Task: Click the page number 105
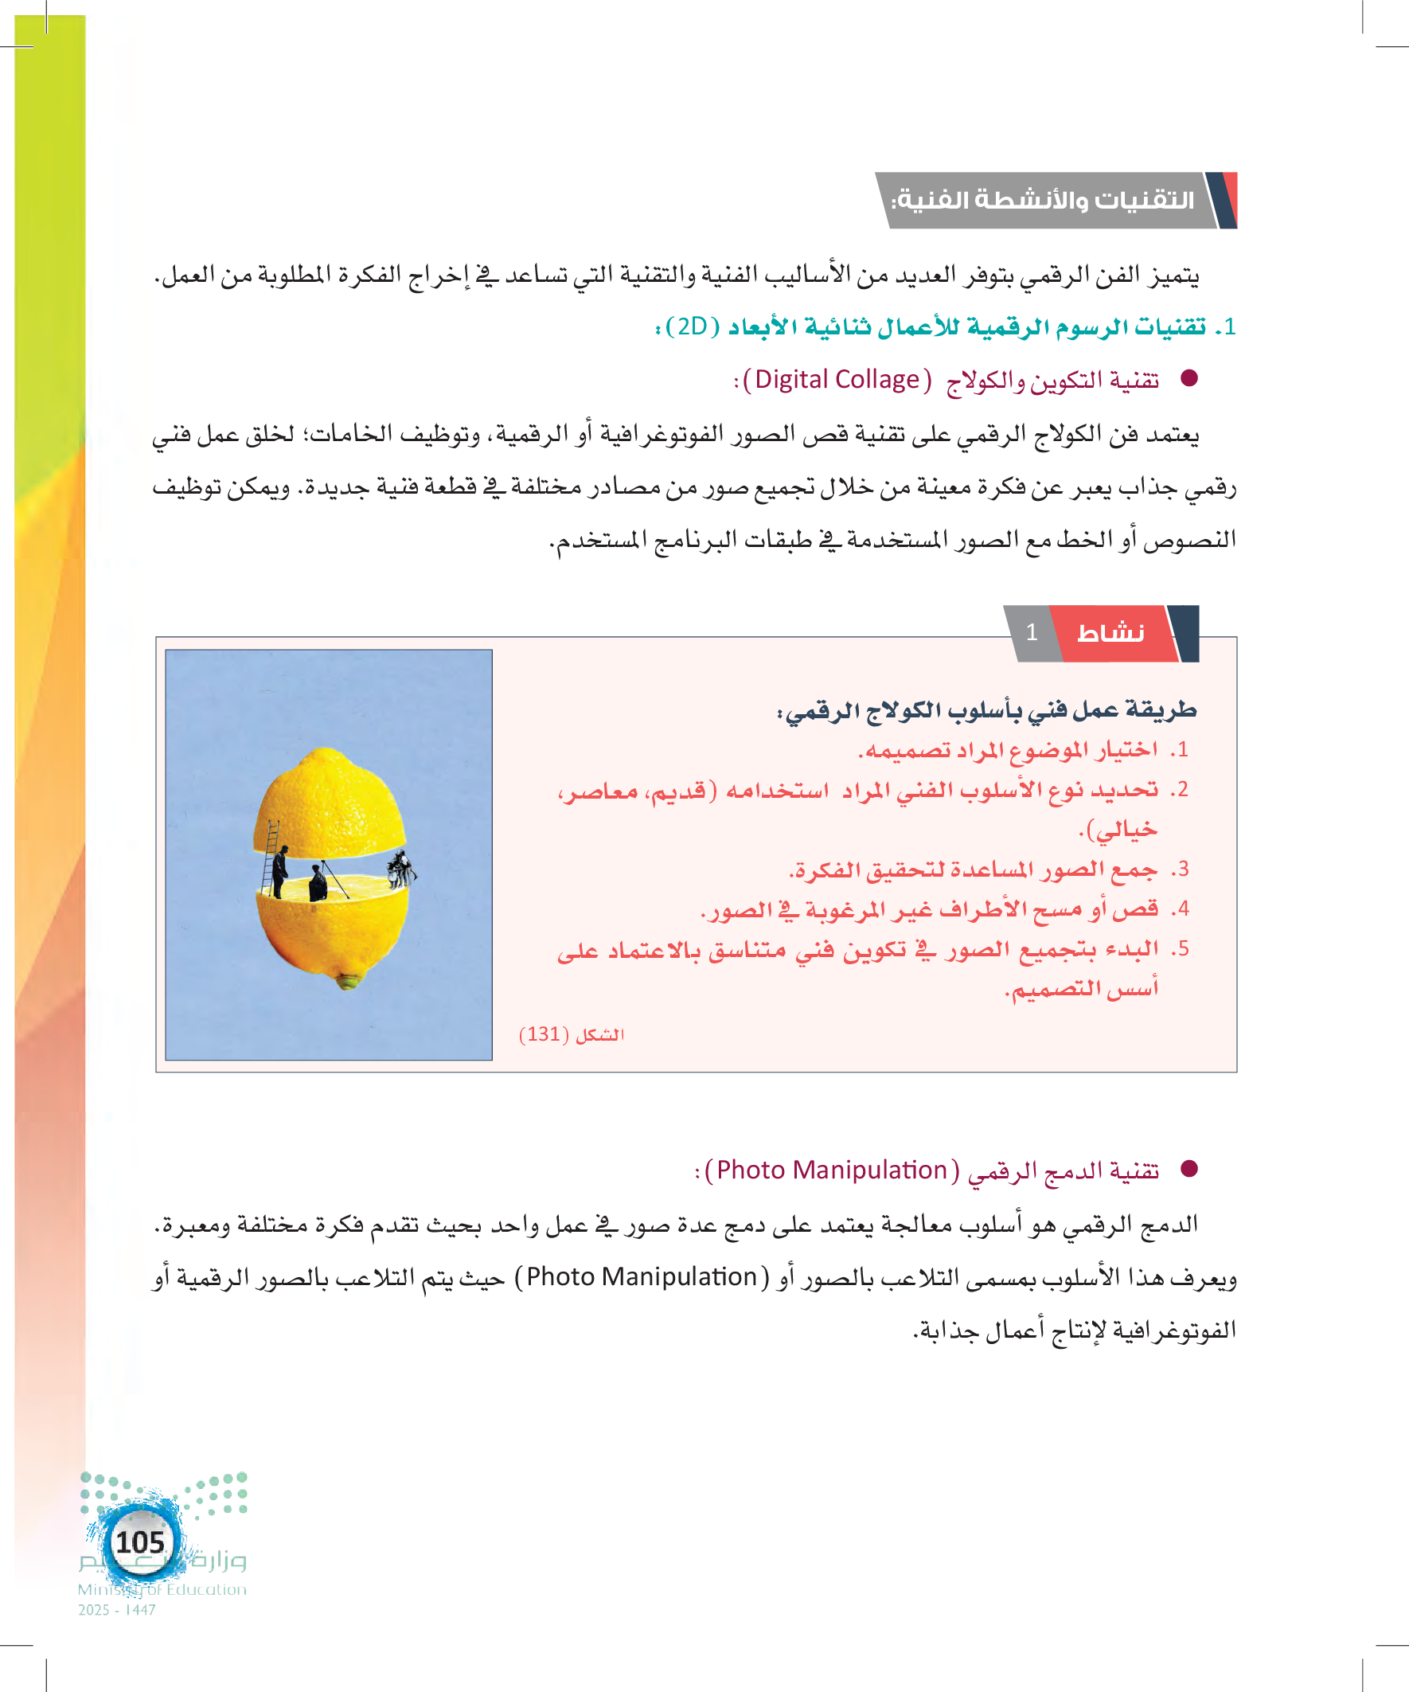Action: pyautogui.click(x=140, y=1542)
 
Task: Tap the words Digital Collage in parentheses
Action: pyautogui.click(x=836, y=380)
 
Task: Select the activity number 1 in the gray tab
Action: pyautogui.click(x=1032, y=632)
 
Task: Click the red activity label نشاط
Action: pyautogui.click(x=1111, y=633)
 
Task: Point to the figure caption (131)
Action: pyautogui.click(x=572, y=1034)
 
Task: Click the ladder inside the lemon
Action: pyautogui.click(x=270, y=858)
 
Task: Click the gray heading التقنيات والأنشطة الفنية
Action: pyautogui.click(x=1043, y=200)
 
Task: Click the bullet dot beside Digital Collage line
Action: pyautogui.click(x=1189, y=378)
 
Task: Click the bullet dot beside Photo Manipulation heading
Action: pyautogui.click(x=1189, y=1168)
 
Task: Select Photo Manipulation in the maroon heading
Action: pyautogui.click(x=831, y=1170)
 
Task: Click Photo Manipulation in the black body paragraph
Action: pyautogui.click(x=642, y=1277)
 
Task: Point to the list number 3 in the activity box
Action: pyautogui.click(x=1181, y=869)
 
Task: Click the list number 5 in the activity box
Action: pyautogui.click(x=1181, y=948)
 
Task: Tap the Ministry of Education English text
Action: pyautogui.click(x=162, y=1589)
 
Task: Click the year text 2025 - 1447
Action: pyautogui.click(x=117, y=1610)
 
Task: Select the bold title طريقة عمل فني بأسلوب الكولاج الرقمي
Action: pyautogui.click(x=986, y=709)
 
